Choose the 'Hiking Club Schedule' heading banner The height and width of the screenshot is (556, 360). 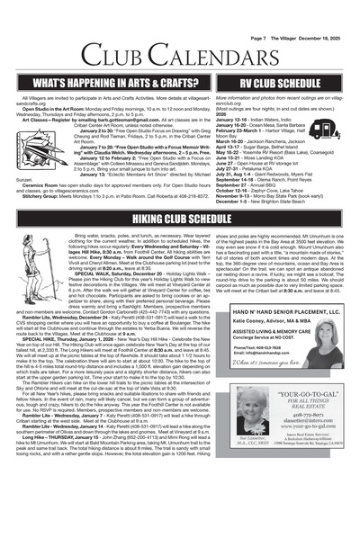tap(180, 218)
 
